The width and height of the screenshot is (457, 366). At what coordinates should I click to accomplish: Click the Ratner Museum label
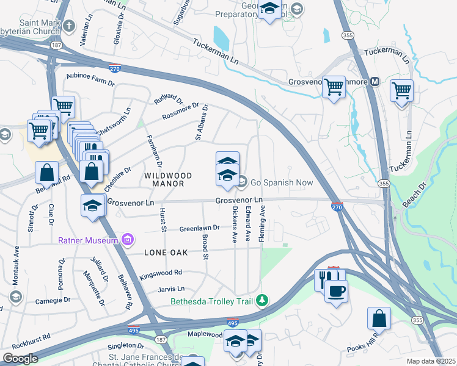click(x=87, y=240)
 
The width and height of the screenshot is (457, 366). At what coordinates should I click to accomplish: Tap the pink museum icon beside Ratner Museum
click(x=127, y=240)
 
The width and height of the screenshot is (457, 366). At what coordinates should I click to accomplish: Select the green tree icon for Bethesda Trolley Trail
click(x=262, y=300)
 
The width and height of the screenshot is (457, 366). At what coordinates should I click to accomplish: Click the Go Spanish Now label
click(x=282, y=182)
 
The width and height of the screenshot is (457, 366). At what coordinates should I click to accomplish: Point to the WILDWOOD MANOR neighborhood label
click(x=168, y=179)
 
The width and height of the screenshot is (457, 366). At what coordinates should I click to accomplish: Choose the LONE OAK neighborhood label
click(x=166, y=252)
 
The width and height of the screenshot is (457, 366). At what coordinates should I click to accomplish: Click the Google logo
click(x=20, y=358)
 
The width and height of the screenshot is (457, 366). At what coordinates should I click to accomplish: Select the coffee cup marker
click(x=336, y=291)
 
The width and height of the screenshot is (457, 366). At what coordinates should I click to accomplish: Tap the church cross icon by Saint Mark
click(x=69, y=26)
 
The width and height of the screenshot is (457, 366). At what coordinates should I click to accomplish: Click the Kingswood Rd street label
click(x=161, y=273)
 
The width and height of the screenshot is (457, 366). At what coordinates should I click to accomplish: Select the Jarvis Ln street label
click(x=171, y=289)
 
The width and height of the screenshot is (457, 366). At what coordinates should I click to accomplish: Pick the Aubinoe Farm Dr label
click(x=90, y=79)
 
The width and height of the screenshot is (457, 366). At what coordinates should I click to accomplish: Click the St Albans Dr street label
click(x=202, y=121)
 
